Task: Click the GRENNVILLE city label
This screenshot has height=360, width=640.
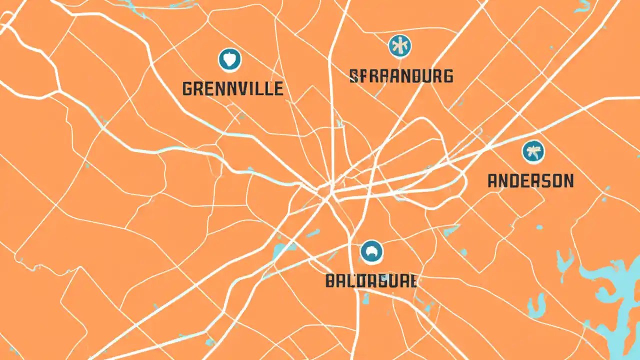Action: pos(232,88)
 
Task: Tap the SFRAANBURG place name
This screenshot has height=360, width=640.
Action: pos(401,76)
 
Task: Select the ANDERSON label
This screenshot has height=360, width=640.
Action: pos(530,180)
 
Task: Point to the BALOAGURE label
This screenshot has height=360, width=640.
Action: pos(370,281)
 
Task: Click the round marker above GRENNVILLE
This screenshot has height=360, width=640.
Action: pos(230,59)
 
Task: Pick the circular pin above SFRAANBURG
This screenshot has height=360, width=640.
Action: pos(400,46)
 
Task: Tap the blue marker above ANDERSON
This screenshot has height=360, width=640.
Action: pos(533,151)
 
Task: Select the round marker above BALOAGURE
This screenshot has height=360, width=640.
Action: pos(371,251)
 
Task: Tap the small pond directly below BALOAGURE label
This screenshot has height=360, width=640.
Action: pos(365,299)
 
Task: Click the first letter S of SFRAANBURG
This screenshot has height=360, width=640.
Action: pos(353,76)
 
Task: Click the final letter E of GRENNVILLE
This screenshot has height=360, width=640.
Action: pos(278,88)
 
